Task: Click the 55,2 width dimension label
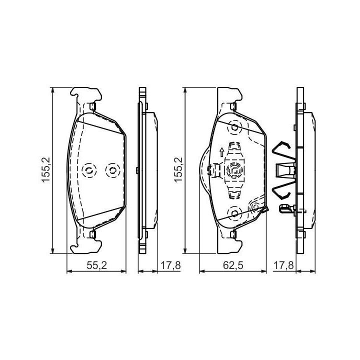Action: [x=96, y=265]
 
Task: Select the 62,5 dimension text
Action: [x=233, y=265]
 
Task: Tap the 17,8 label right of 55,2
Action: [x=170, y=265]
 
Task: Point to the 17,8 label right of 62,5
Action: [x=283, y=265]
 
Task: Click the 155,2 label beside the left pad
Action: [x=45, y=169]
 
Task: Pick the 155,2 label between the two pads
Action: [x=178, y=169]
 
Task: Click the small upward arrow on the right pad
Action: [x=221, y=152]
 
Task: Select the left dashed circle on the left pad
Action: [x=89, y=170]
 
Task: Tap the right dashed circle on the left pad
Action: [x=112, y=170]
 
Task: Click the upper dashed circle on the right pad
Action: [x=234, y=127]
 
